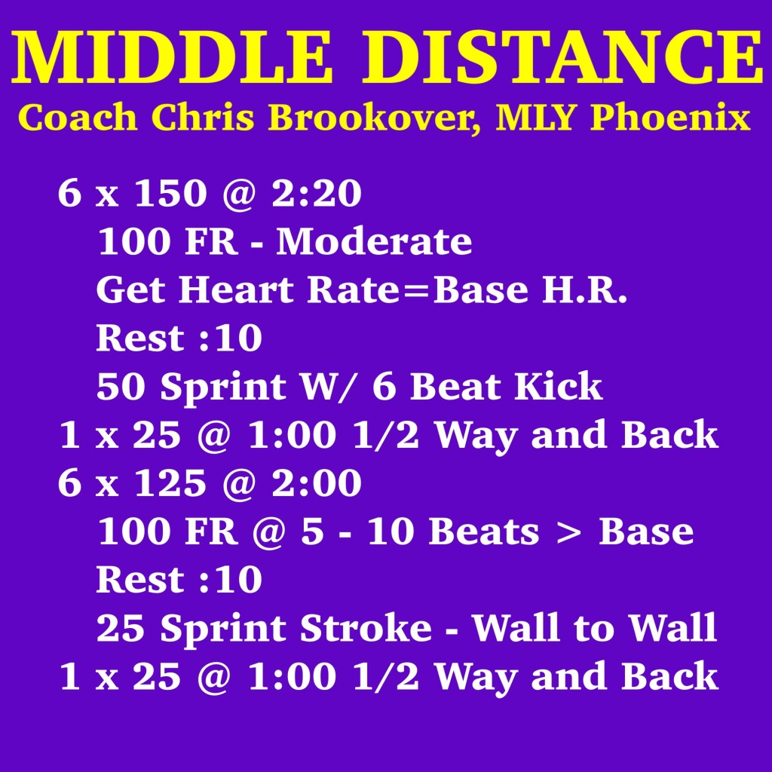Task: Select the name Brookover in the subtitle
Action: click(x=375, y=118)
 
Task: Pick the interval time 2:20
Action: click(x=317, y=192)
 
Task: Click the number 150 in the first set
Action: click(x=170, y=192)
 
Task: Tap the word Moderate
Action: click(x=374, y=240)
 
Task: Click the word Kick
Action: click(x=558, y=386)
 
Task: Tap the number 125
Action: click(x=170, y=482)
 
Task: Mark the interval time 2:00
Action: click(x=317, y=482)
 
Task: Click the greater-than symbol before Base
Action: click(x=568, y=532)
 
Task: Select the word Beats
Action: click(x=484, y=532)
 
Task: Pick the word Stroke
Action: click(x=366, y=628)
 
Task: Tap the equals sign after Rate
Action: click(x=416, y=290)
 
